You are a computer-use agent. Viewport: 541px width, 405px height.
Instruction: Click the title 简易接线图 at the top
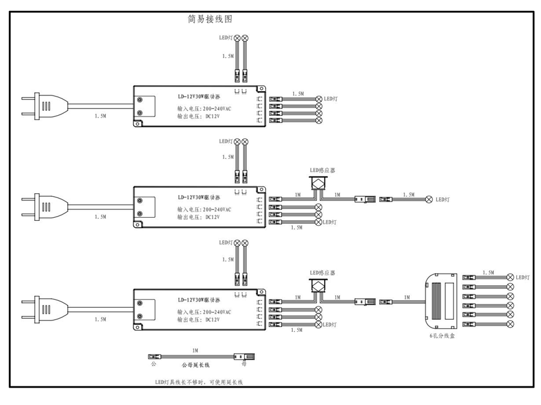coord(210,19)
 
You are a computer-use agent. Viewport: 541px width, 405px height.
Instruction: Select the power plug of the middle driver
coord(42,208)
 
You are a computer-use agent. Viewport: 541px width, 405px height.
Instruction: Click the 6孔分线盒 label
coord(442,337)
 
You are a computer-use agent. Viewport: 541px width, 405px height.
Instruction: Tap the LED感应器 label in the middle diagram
coord(322,170)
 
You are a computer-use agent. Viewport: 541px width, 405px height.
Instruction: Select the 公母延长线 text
coord(195,364)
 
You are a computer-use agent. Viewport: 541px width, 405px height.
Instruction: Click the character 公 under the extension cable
coord(153,364)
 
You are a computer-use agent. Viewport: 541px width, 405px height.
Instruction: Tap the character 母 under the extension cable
coord(243,364)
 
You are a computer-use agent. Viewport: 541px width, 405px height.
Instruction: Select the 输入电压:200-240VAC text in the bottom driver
coord(204,313)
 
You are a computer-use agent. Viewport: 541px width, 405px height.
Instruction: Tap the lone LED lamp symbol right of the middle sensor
coord(429,199)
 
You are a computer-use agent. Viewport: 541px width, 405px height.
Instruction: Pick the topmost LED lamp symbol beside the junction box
coord(510,277)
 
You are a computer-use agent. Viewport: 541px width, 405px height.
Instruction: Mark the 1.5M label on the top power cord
coord(100,114)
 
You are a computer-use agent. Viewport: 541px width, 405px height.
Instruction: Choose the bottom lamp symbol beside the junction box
coord(510,325)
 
